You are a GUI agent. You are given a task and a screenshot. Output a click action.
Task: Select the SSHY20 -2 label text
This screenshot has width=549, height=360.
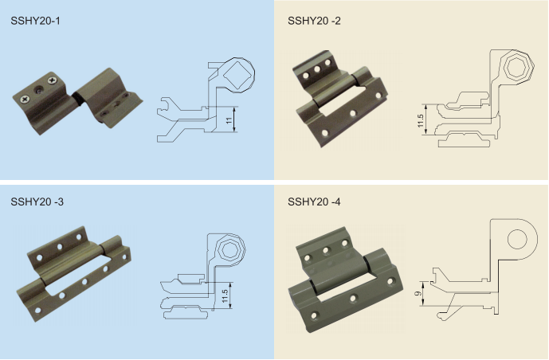click(x=314, y=22)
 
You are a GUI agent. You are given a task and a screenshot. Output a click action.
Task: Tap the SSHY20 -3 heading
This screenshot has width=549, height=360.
click(x=37, y=202)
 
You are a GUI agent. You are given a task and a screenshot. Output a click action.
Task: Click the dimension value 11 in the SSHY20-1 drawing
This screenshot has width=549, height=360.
click(x=229, y=120)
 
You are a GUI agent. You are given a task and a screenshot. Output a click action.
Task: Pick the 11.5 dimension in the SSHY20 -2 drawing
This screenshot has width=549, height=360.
click(x=420, y=119)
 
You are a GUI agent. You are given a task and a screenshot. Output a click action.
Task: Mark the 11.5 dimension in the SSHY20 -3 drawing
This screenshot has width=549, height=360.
click(x=225, y=295)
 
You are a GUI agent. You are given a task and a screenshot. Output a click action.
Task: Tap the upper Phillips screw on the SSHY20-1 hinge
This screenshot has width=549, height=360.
click(x=51, y=80)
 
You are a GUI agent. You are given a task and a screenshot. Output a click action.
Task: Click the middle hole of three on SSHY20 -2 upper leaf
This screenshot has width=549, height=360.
click(x=317, y=69)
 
